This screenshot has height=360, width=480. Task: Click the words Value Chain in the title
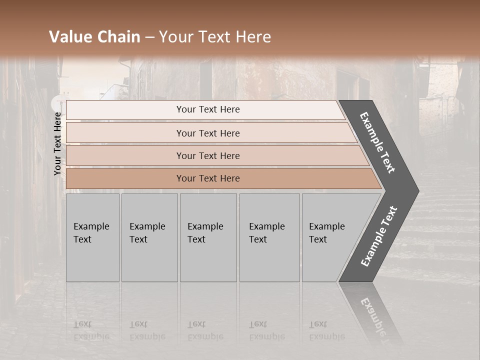pyautogui.click(x=94, y=37)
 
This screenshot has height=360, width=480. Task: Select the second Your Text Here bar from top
pyautogui.click(x=207, y=133)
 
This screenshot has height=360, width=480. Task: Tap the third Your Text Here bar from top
pyautogui.click(x=207, y=155)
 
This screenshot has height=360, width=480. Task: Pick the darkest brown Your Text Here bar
pyautogui.click(x=207, y=178)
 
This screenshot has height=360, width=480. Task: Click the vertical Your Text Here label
pyautogui.click(x=57, y=143)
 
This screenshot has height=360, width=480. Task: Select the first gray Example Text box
pyautogui.click(x=92, y=237)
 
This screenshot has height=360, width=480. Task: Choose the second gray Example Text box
pyautogui.click(x=149, y=237)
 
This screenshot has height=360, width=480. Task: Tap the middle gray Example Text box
pyautogui.click(x=207, y=237)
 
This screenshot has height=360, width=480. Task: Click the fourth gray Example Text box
pyautogui.click(x=269, y=237)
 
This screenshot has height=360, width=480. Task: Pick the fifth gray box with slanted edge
pyautogui.click(x=330, y=237)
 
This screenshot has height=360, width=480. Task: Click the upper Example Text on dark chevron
pyautogui.click(x=377, y=142)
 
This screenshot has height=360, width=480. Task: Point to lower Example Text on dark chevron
pyautogui.click(x=379, y=236)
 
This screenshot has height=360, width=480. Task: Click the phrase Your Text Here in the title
pyautogui.click(x=215, y=37)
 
